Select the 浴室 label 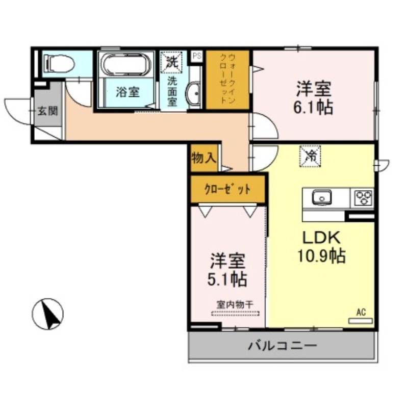(x=127, y=92)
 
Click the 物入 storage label (x=203, y=158)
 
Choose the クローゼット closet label (x=227, y=189)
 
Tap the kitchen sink (x=321, y=197)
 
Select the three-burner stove (x=364, y=197)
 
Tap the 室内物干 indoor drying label (x=235, y=304)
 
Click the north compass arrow (x=48, y=313)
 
